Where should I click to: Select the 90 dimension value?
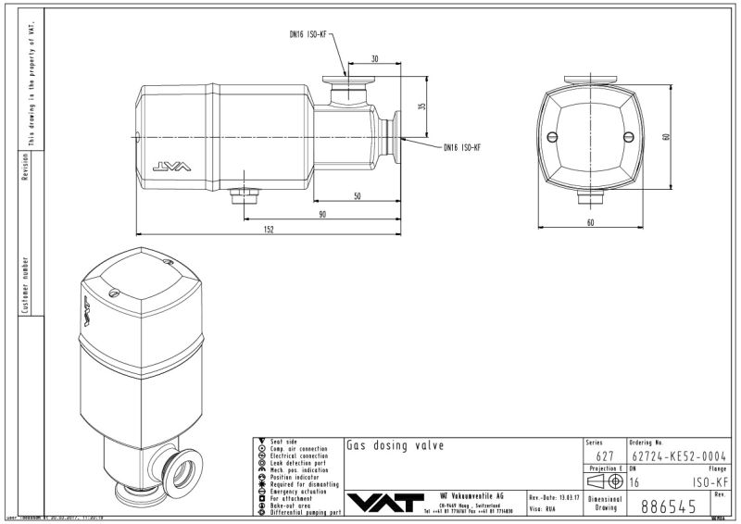[322, 214]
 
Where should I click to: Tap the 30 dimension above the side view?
[374, 58]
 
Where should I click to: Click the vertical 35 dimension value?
[422, 106]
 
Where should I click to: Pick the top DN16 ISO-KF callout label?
[308, 34]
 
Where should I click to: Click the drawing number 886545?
[668, 506]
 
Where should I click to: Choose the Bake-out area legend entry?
[299, 505]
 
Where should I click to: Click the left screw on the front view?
[553, 137]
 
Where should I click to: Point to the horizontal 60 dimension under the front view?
[590, 222]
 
